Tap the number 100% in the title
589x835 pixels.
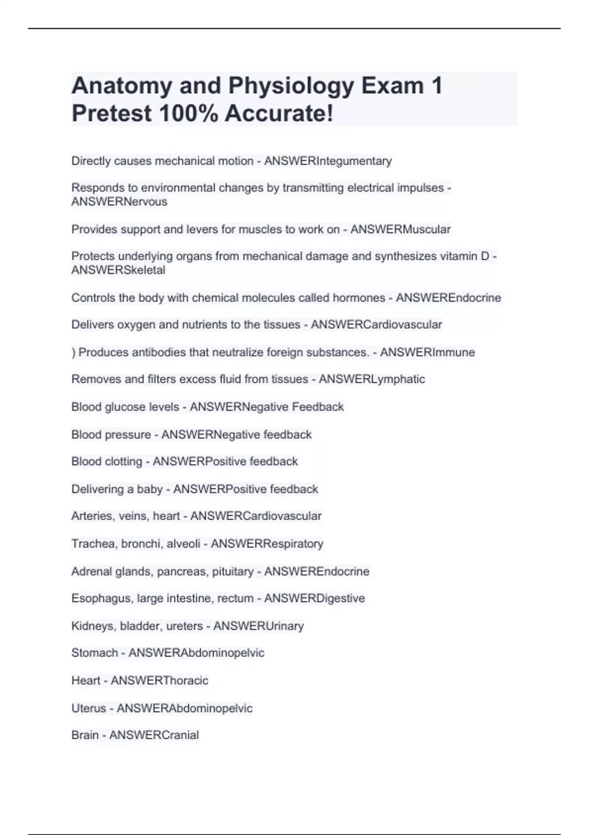(188, 113)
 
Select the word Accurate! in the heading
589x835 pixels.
(279, 113)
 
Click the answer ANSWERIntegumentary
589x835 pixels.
(328, 161)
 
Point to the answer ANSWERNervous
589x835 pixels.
(119, 202)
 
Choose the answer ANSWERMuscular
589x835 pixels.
(400, 229)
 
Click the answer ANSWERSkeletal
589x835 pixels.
(118, 270)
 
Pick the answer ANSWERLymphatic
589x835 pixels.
(372, 379)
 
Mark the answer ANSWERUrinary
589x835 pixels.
(258, 626)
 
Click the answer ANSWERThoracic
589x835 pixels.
(160, 680)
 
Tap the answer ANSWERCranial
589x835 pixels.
(154, 735)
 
